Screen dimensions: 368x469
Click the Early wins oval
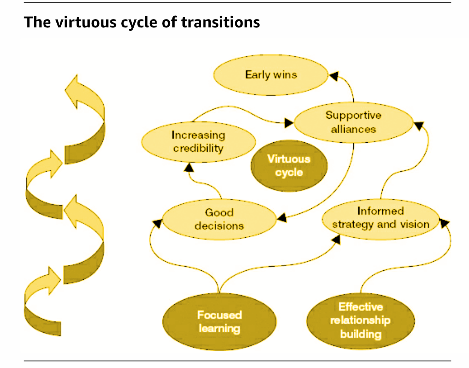(271, 75)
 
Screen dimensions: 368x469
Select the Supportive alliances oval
(353, 122)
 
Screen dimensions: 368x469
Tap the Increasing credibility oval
(198, 142)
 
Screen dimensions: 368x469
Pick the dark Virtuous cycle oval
(289, 166)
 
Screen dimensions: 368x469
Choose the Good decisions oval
(219, 219)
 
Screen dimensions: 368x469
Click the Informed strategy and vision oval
(380, 218)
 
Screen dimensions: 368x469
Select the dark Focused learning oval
(219, 322)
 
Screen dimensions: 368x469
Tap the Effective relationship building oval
(360, 321)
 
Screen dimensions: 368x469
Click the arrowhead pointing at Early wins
(333, 76)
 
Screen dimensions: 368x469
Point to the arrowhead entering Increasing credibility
(189, 167)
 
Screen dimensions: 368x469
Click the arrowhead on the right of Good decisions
(282, 217)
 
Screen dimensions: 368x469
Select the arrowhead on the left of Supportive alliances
(289, 122)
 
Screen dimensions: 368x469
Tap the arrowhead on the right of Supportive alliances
(418, 125)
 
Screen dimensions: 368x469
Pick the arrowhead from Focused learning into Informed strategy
(336, 239)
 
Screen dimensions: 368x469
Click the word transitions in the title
(220, 23)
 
